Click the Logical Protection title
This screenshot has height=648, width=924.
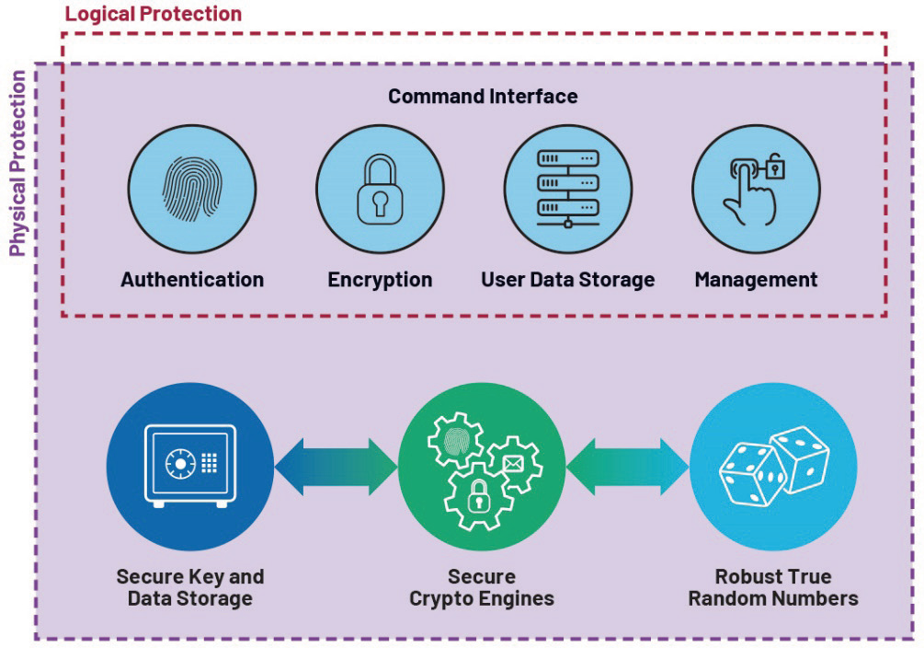point(154,14)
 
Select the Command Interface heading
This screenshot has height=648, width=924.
point(483,96)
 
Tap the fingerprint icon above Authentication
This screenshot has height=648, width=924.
point(191,190)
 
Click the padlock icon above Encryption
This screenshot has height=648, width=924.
point(380,190)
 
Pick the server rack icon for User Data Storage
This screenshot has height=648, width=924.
point(567,189)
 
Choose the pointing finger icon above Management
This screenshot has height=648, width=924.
point(756,190)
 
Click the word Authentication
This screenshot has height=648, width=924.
point(192,279)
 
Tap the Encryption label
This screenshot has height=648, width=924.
point(380,279)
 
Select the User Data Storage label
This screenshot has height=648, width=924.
point(568,279)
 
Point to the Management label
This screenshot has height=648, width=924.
point(756,279)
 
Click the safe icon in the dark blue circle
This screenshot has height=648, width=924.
point(190,466)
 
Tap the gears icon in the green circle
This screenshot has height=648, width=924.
point(482,466)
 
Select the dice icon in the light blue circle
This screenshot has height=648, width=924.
point(772,466)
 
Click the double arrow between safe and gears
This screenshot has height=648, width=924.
point(336,466)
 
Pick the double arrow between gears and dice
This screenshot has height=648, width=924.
point(627,466)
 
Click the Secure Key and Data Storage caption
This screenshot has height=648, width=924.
point(190,587)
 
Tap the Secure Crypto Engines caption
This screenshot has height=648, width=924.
point(482,587)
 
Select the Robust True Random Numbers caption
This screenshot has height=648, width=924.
point(773,587)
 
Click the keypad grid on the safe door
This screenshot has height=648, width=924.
point(209,461)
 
